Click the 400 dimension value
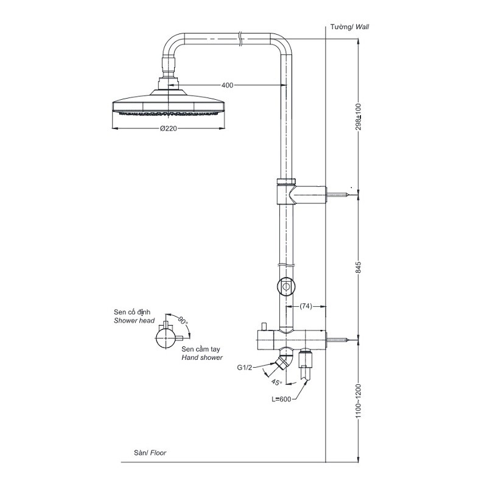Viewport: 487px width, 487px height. click(x=227, y=85)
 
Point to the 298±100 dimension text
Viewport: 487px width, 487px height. click(x=359, y=116)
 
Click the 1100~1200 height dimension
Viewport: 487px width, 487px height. click(x=359, y=400)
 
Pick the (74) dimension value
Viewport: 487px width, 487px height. click(x=306, y=306)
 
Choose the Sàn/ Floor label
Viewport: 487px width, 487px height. click(x=150, y=453)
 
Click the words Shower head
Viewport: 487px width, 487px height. click(x=134, y=320)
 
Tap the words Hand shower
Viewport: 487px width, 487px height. click(x=202, y=359)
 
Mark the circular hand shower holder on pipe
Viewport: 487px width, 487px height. click(x=286, y=285)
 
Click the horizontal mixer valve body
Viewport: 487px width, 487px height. click(x=292, y=338)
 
